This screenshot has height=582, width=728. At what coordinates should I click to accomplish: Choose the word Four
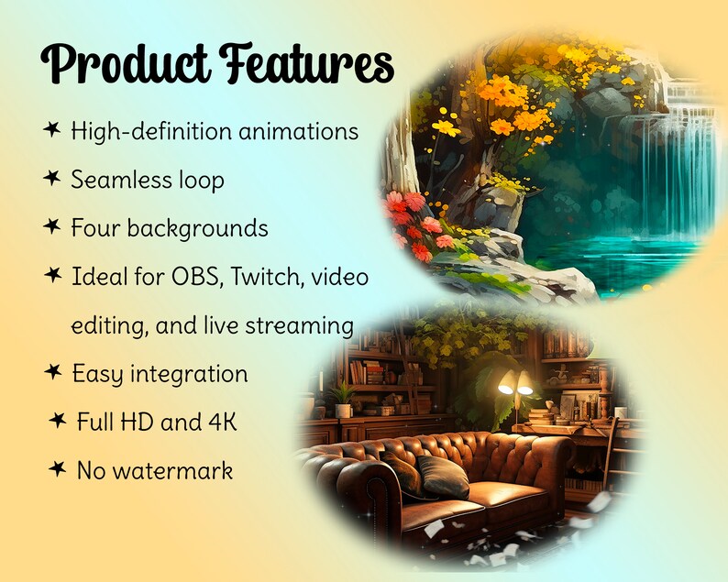pos(95,228)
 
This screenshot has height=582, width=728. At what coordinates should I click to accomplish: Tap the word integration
pos(188,374)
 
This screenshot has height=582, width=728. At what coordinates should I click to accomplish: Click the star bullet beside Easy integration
pos(52,372)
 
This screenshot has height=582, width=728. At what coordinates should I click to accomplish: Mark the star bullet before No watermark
pos(57,469)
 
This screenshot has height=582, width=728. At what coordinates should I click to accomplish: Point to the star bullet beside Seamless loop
pos(52,179)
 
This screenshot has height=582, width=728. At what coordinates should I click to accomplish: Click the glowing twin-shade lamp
pos(514,385)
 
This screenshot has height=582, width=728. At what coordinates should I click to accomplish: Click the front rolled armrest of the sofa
pos(356,490)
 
